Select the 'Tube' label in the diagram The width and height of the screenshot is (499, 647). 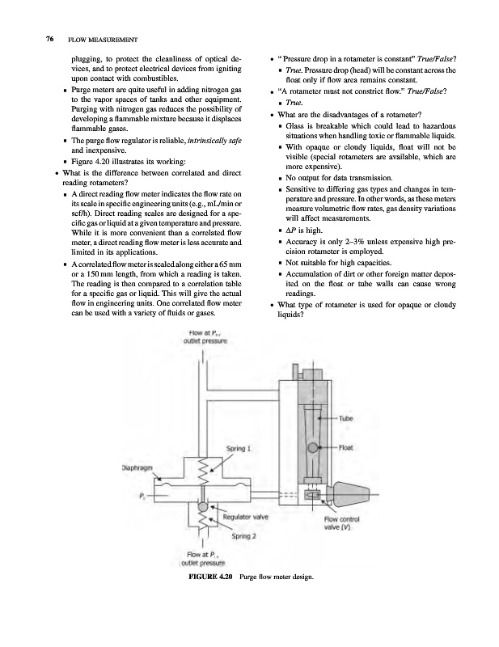(x=346, y=417)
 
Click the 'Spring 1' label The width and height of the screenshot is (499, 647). (x=239, y=447)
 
